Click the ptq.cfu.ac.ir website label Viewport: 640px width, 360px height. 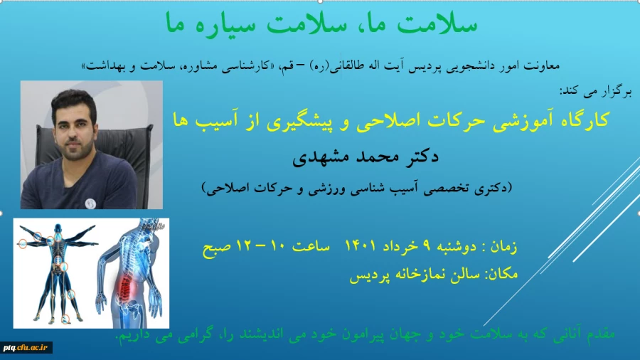pos(26,347)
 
